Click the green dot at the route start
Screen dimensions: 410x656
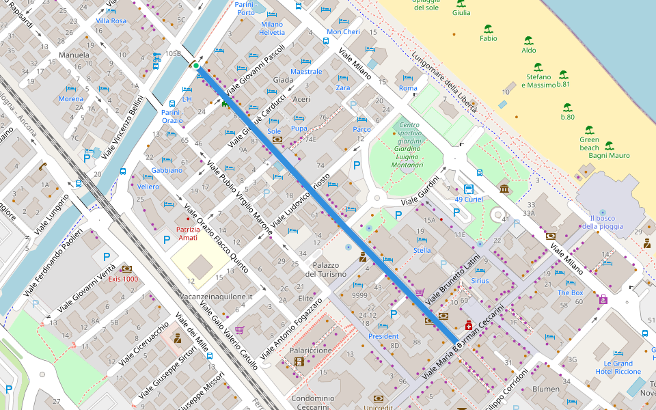tap(196, 66)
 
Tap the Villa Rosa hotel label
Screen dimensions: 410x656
tap(111, 21)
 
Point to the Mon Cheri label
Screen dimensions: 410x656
tap(343, 32)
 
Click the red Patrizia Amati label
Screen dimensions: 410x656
tap(187, 233)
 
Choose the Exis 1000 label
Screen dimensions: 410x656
tap(123, 279)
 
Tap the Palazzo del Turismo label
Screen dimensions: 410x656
tap(326, 269)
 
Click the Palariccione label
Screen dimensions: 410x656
tap(311, 350)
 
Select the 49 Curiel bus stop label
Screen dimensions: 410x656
tap(469, 200)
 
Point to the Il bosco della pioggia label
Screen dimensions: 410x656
tap(602, 222)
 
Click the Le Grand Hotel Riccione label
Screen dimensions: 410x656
tap(618, 368)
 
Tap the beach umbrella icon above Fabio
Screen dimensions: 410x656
tap(488, 29)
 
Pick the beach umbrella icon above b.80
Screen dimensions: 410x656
tap(567, 107)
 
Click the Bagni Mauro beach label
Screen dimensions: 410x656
tap(609, 155)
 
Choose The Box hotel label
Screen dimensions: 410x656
tap(570, 292)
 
